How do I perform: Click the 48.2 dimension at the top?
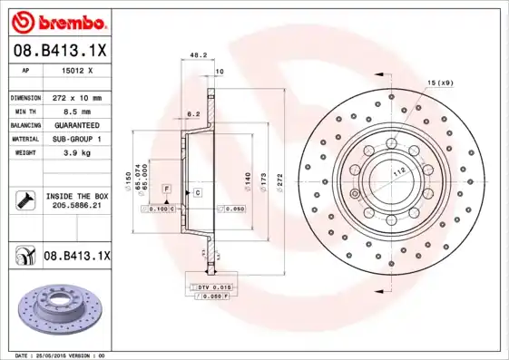tap(195, 55)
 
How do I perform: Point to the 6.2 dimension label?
tap(193, 114)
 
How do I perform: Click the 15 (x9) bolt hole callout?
tap(440, 83)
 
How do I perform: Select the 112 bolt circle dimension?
tap(397, 171)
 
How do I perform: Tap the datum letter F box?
tap(167, 188)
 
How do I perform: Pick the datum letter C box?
tap(196, 194)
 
